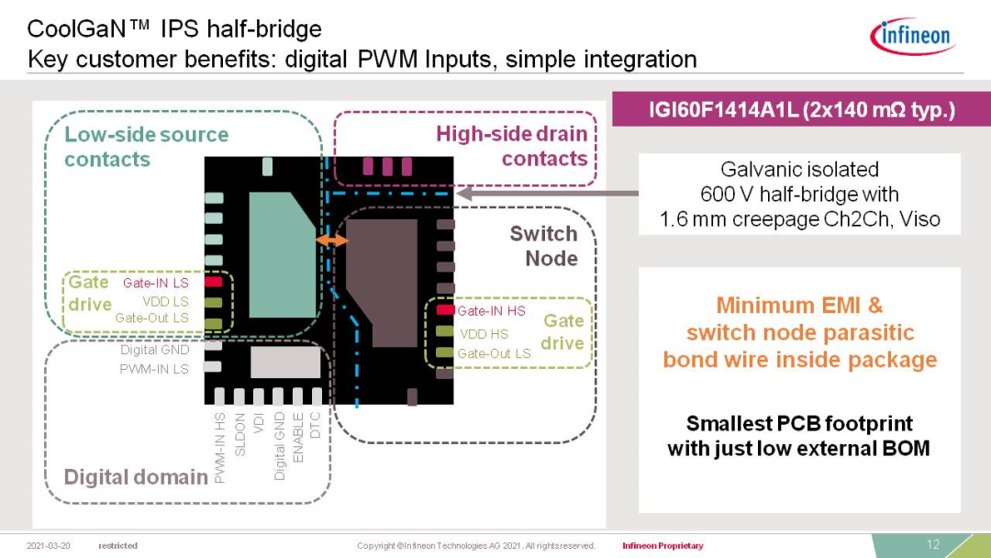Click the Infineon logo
tap(913, 36)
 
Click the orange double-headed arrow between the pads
tap(331, 240)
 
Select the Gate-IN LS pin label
tap(155, 283)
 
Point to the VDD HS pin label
tap(484, 334)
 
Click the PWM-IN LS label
tap(154, 369)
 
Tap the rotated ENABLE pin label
tap(297, 437)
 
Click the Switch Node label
tap(544, 246)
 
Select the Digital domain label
tap(136, 476)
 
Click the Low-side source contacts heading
tap(146, 147)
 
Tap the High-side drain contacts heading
tap(512, 146)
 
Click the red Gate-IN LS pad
tap(213, 283)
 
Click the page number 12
tap(933, 544)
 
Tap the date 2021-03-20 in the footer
tap(50, 546)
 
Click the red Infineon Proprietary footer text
tap(663, 546)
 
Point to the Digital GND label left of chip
tap(154, 350)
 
